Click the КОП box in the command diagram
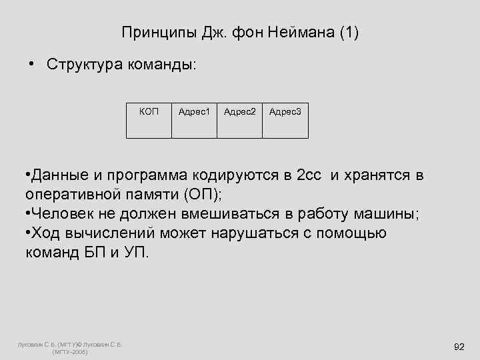coord(149,121)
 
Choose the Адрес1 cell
coord(195,121)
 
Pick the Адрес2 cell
coord(240,121)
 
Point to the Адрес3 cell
coord(285,121)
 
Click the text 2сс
coord(308,177)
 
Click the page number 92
coord(459,347)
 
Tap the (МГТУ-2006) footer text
coord(69,351)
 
